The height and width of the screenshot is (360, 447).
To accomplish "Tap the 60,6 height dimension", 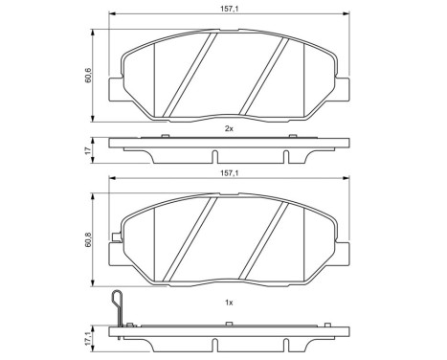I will click(x=87, y=73).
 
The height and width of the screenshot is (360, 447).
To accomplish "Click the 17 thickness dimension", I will click(x=87, y=150).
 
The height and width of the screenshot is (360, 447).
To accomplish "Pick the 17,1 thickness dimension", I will click(x=87, y=338).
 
